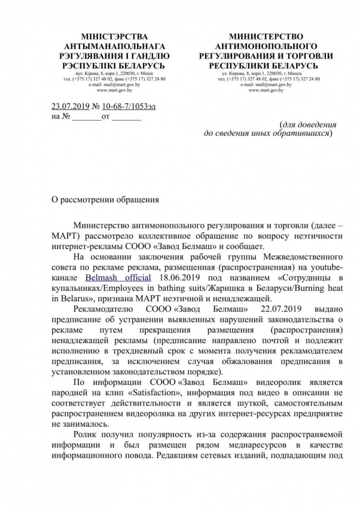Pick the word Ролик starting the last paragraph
88,436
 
